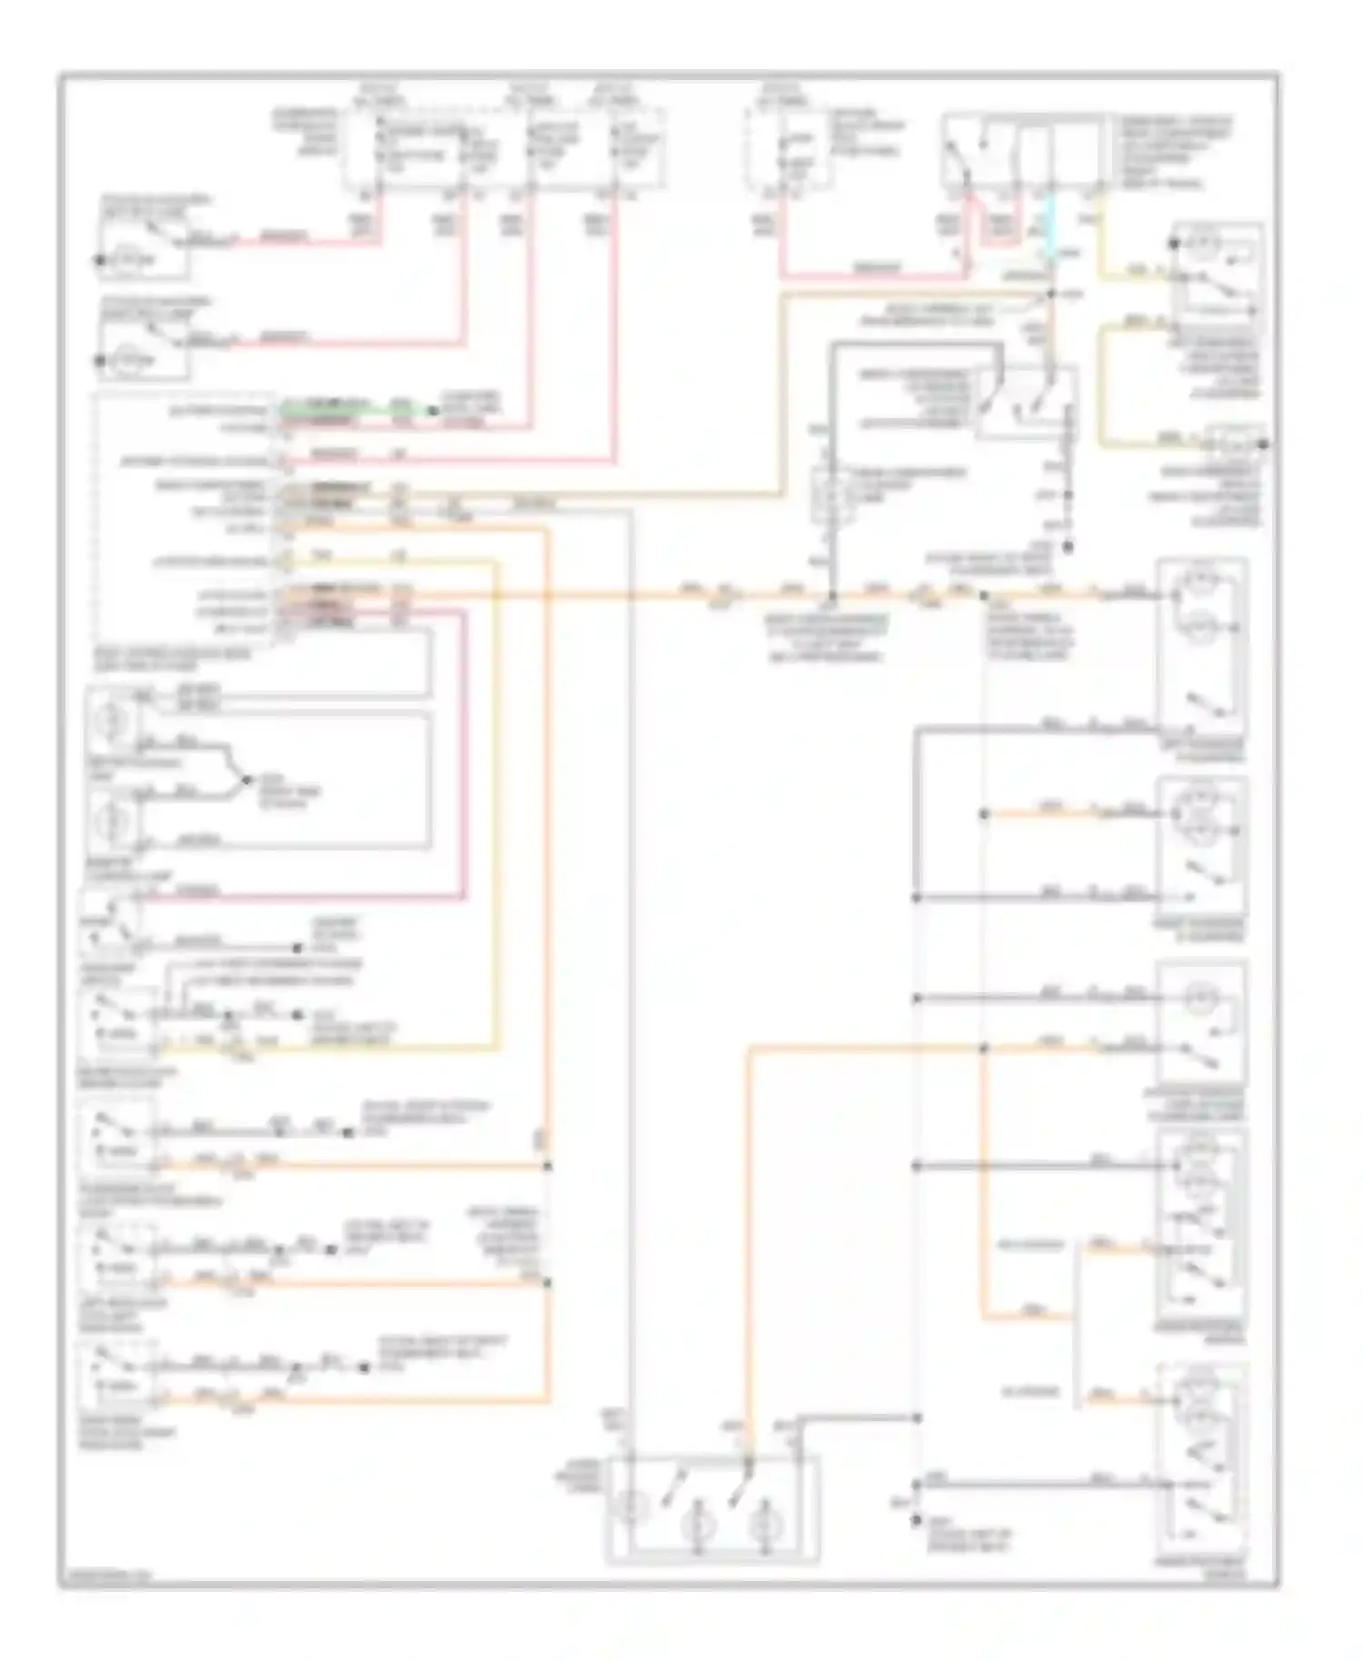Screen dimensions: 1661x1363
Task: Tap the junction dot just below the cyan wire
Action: click(1051, 294)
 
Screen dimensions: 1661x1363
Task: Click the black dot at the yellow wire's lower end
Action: click(1264, 444)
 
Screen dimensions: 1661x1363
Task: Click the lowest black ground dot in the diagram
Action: click(916, 1517)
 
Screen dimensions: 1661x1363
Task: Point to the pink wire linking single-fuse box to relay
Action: click(872, 275)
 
